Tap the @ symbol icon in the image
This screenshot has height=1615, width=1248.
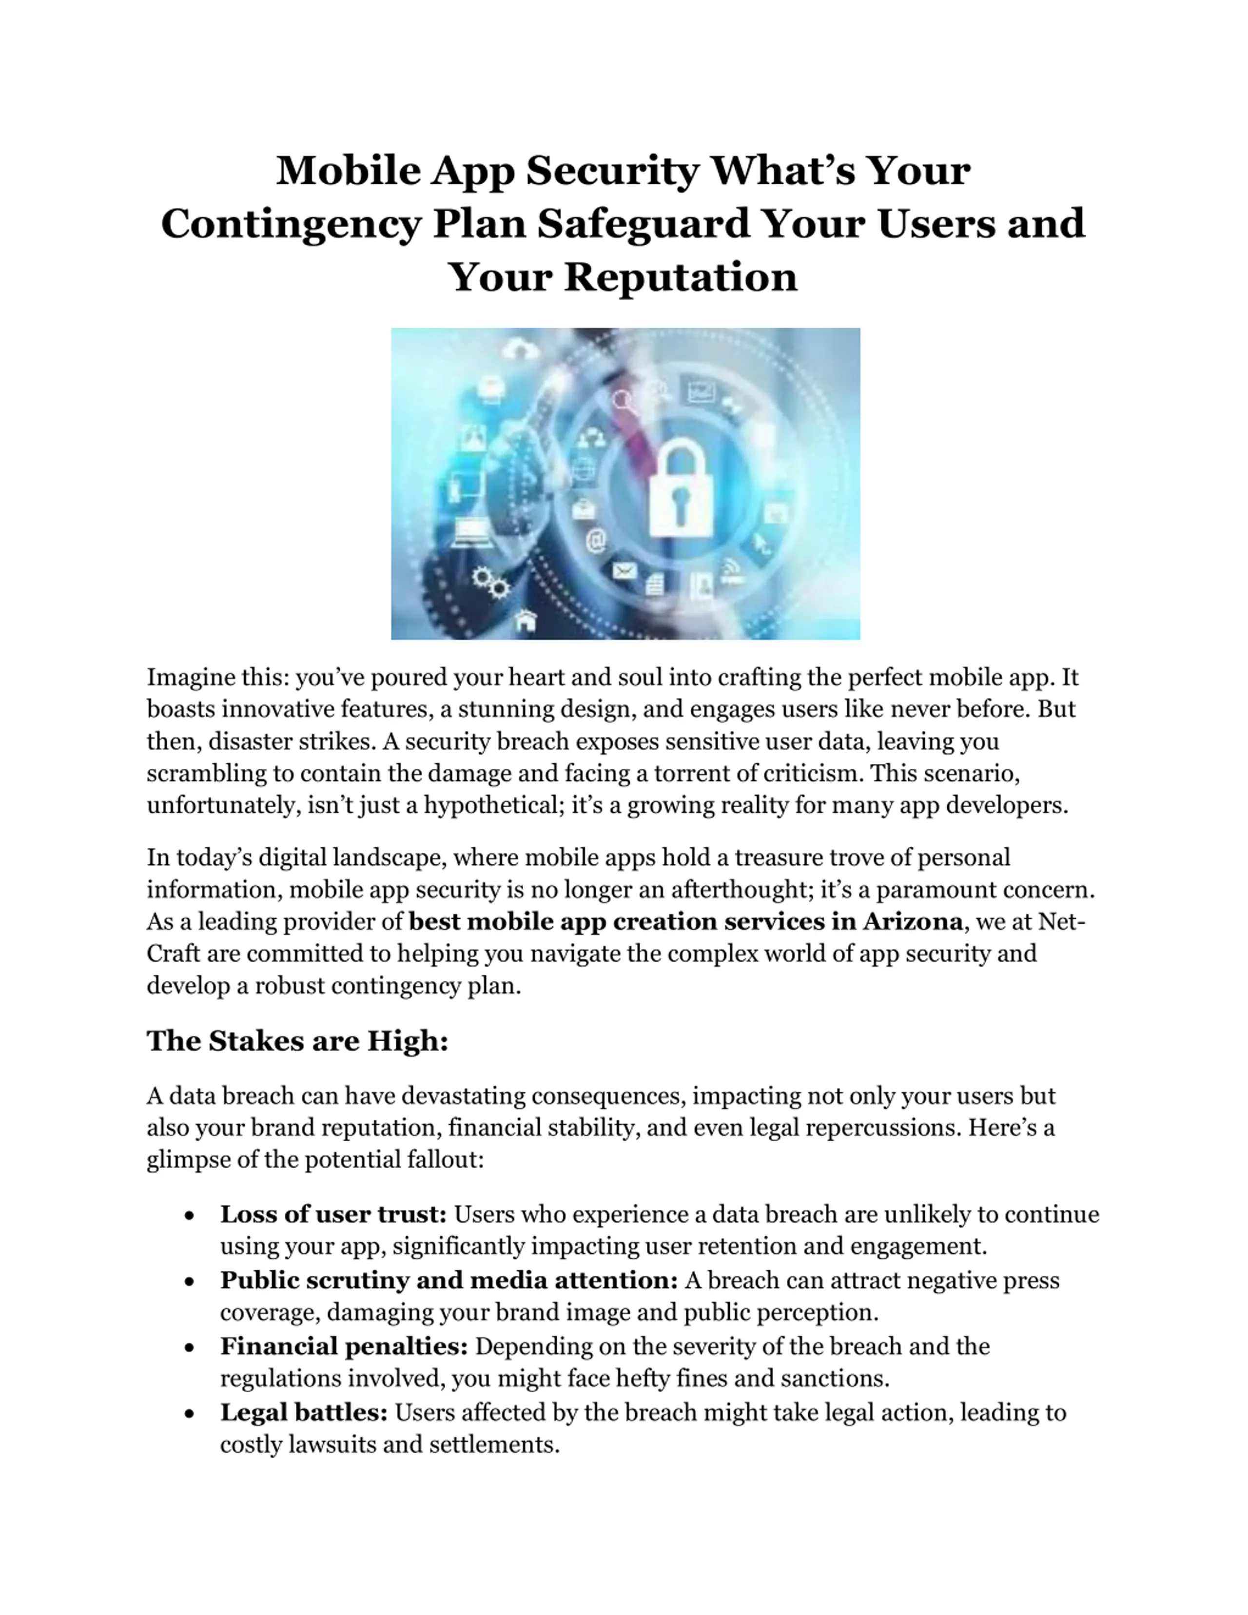[x=596, y=541]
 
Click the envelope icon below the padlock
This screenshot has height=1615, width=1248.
[x=625, y=571]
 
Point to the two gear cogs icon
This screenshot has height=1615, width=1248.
[x=491, y=582]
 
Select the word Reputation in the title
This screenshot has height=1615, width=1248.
[x=680, y=277]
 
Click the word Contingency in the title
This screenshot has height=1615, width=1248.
[x=291, y=224]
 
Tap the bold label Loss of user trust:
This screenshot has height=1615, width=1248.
[x=333, y=1214]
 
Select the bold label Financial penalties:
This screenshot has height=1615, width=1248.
[x=344, y=1346]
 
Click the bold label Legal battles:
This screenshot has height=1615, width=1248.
[x=304, y=1412]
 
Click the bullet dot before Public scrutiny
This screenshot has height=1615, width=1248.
[x=190, y=1281]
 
